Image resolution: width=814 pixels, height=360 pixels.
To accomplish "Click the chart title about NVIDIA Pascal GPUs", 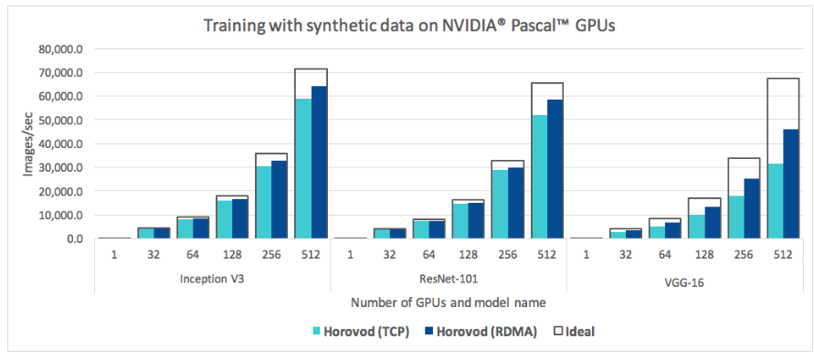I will coord(407,25).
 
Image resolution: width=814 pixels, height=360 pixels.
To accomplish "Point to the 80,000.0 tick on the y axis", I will coord(58,48).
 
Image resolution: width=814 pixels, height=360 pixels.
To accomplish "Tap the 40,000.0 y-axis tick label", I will coord(58,143).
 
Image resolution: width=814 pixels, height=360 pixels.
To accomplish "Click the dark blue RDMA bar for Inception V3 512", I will coord(319,162).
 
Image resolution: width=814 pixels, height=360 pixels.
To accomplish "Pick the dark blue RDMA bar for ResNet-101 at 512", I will coord(555,169).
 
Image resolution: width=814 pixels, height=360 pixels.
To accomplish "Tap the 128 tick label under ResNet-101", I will coord(469,256).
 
